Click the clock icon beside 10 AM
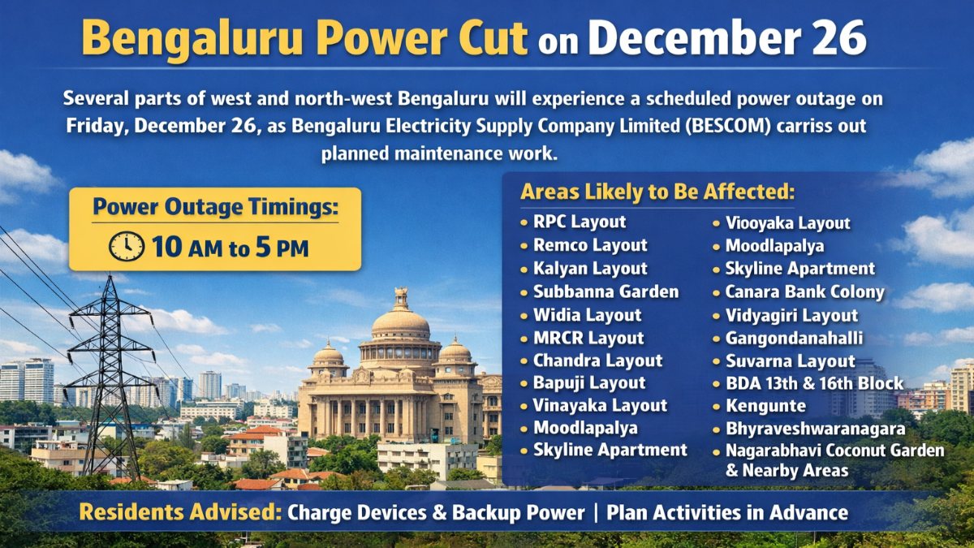pos(127,247)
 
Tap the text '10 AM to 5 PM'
pos(231,248)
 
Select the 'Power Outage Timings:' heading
pos(216,206)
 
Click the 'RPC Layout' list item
pos(580,222)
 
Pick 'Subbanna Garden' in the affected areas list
pos(606,291)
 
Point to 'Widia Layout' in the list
pos(588,315)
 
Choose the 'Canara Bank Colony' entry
pos(805,291)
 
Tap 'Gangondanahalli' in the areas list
pos(794,338)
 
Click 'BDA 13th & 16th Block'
pos(814,383)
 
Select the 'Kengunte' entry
pos(765,406)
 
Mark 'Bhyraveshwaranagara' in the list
pos(815,429)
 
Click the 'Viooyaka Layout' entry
pos(788,223)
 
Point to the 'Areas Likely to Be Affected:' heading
pos(657,192)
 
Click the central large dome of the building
pos(400,321)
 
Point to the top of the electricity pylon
pos(110,276)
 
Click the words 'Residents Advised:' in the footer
pos(180,512)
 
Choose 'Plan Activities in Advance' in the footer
pos(727,512)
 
